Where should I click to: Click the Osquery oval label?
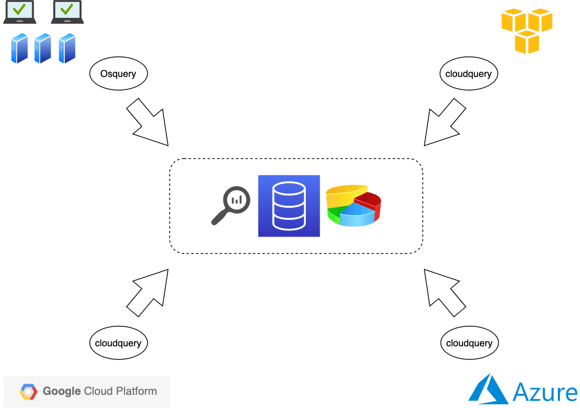click(x=118, y=74)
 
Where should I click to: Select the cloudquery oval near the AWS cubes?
click(x=468, y=74)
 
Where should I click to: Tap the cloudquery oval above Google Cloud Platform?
click(x=118, y=343)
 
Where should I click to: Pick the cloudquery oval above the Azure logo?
click(x=469, y=343)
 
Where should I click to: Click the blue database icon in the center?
click(x=289, y=206)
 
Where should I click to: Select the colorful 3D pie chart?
click(x=353, y=206)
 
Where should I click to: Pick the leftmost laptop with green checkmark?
click(x=20, y=12)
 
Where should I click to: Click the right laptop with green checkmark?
click(x=67, y=12)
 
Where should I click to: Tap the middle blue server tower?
click(x=43, y=48)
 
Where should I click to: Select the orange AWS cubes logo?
click(x=526, y=30)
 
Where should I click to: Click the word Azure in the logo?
click(x=545, y=393)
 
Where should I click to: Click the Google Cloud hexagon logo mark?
click(x=29, y=392)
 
